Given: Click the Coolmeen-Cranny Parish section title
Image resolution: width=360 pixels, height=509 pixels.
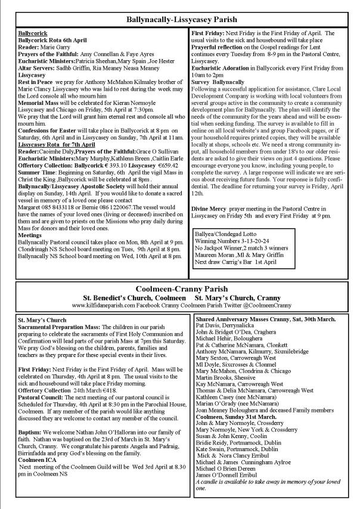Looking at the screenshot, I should point(179,288).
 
